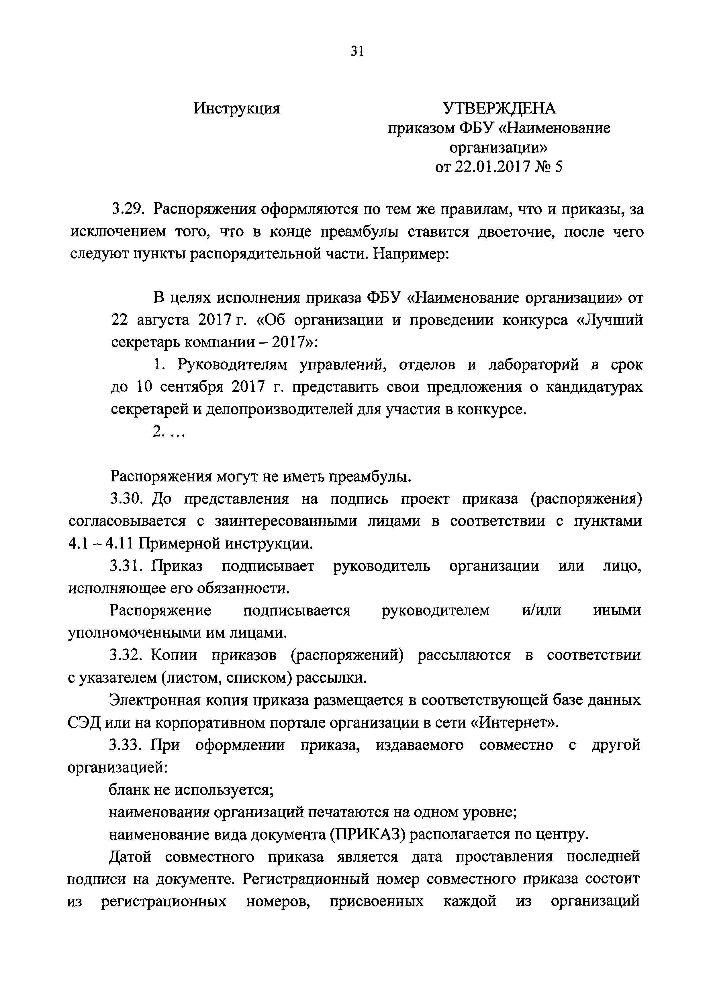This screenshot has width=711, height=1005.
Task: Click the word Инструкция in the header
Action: [237, 108]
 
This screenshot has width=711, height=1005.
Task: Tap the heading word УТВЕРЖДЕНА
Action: [499, 108]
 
